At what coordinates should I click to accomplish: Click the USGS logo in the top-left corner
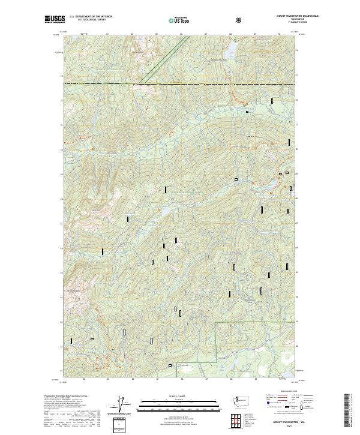tap(54, 19)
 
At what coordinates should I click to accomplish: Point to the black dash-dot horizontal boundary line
tap(180, 85)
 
